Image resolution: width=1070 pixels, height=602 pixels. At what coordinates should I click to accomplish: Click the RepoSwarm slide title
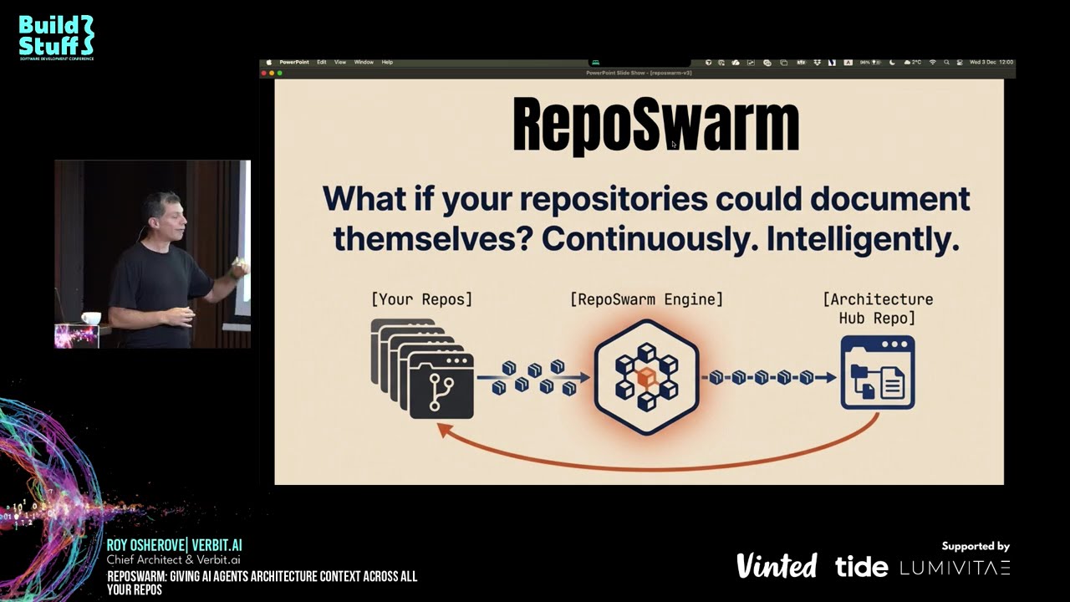coord(655,125)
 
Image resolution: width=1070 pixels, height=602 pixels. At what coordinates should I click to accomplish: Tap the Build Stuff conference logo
coord(57,37)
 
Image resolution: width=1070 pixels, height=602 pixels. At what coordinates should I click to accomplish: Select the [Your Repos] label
coord(421,298)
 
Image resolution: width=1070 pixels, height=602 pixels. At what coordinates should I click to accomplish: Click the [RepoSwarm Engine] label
coord(646,298)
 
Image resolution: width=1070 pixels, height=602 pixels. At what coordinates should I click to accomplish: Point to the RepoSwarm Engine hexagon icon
coord(646,376)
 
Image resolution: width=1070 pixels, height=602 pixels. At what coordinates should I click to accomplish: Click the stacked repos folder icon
coord(423,369)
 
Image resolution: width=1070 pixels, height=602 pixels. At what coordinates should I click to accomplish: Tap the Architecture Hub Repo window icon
coord(877,373)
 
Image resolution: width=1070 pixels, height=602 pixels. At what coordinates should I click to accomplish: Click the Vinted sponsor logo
coord(776,566)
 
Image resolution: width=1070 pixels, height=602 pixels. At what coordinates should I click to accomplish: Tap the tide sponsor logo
coord(861,567)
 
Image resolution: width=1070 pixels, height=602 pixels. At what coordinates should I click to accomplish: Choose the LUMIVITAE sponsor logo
coord(955,568)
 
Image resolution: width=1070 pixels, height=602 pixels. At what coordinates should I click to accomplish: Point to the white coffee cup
coord(91,318)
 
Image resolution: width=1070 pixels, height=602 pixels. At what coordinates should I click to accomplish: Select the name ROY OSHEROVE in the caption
coord(143,545)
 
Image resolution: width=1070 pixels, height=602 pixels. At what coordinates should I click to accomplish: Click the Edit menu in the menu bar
coord(321,62)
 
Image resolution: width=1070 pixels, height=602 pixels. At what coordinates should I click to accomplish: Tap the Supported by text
coord(976,546)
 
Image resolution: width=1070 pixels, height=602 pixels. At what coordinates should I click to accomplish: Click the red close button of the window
coord(264,73)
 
